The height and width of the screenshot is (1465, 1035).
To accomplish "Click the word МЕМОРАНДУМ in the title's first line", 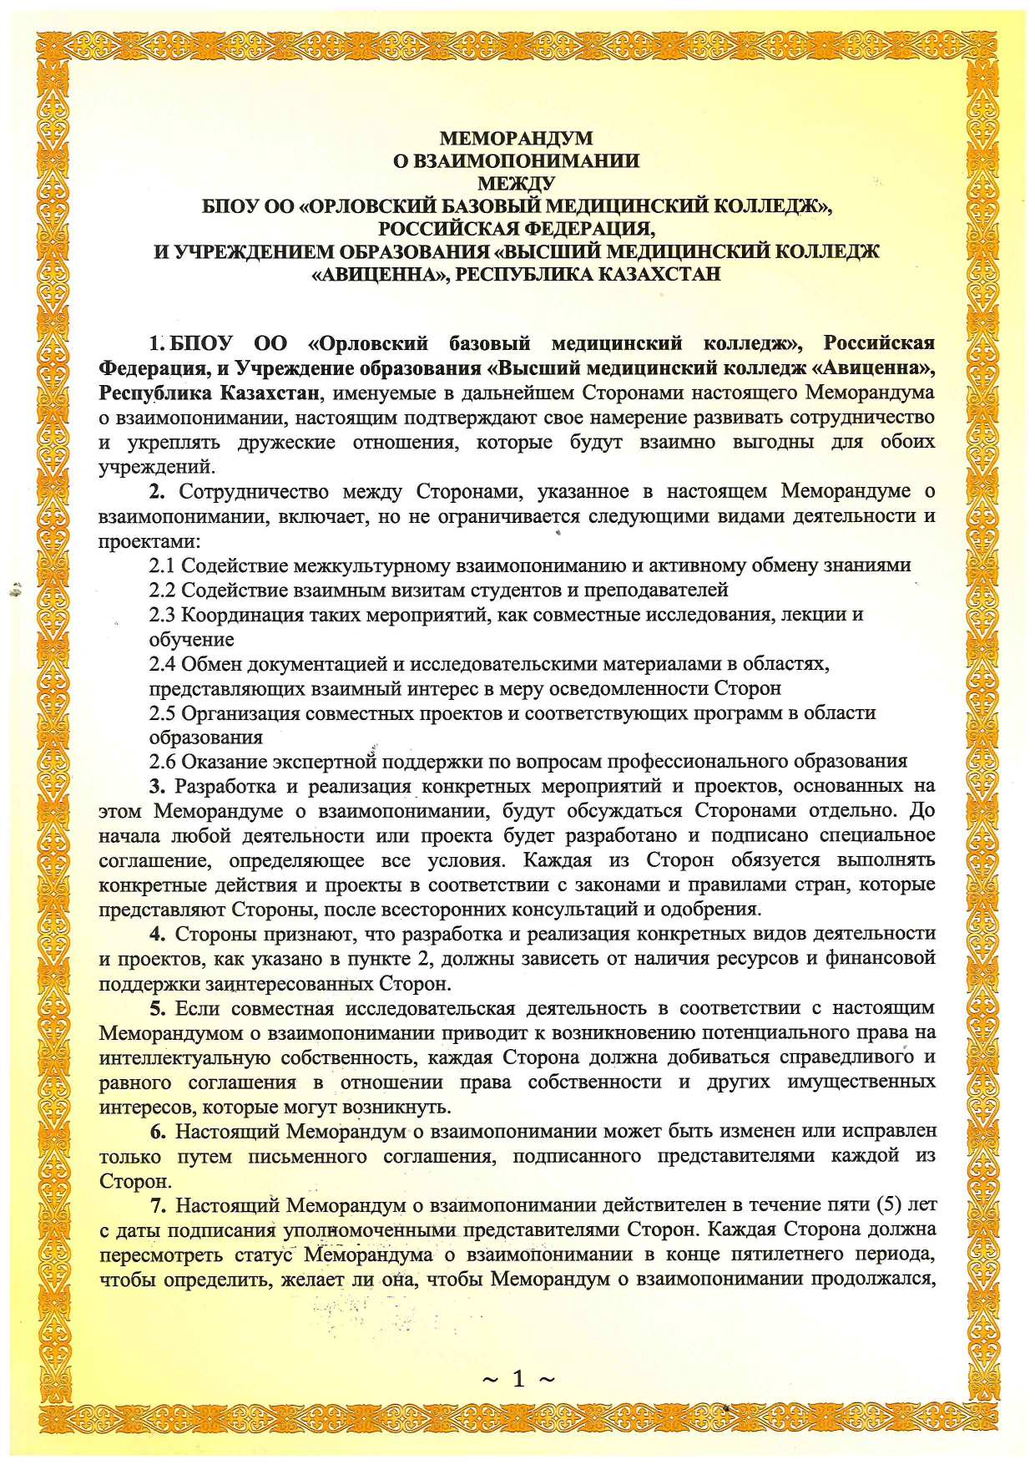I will point(516,138).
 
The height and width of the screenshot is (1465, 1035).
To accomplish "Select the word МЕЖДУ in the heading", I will point(516,183).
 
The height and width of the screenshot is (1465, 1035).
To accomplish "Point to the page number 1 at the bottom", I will point(518,1379).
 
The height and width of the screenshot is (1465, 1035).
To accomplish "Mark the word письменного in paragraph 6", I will point(307,1157).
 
